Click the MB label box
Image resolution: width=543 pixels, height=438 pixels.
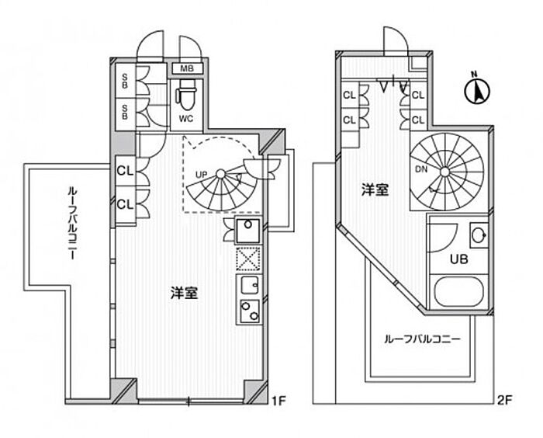point(187,68)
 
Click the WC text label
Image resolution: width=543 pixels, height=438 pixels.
point(186,119)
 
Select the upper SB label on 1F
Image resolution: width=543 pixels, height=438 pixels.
point(125,81)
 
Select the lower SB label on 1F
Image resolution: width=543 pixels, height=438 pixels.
point(125,113)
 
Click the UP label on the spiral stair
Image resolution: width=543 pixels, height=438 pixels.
point(201,175)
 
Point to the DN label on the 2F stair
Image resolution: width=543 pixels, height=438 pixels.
point(420,169)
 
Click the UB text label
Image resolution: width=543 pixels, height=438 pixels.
point(459,259)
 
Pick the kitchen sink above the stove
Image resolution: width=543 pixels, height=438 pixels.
point(249,286)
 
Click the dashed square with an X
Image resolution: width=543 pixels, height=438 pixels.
point(248,259)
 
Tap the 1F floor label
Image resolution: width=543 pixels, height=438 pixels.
point(278,401)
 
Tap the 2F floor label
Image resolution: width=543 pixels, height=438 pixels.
point(504,401)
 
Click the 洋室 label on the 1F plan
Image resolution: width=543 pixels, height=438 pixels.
point(185,293)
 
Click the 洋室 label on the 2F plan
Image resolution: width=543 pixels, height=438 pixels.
point(375,190)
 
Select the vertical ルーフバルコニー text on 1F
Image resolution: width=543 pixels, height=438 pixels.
point(72,223)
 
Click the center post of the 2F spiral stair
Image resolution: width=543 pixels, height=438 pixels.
point(445,172)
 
